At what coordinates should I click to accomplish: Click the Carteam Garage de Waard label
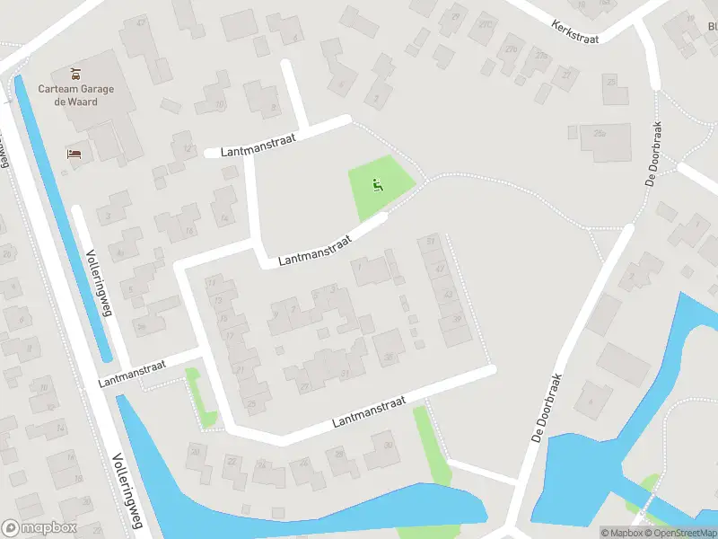[68, 94]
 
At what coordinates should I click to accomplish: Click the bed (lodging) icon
[73, 154]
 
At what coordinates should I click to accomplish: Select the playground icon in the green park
[378, 187]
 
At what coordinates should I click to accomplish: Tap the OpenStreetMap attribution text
[685, 533]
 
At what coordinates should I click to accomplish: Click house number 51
[432, 242]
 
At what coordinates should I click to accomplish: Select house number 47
[439, 269]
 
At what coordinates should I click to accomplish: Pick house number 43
[448, 295]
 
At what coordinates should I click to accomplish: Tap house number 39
[456, 319]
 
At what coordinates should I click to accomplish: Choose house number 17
[230, 336]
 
